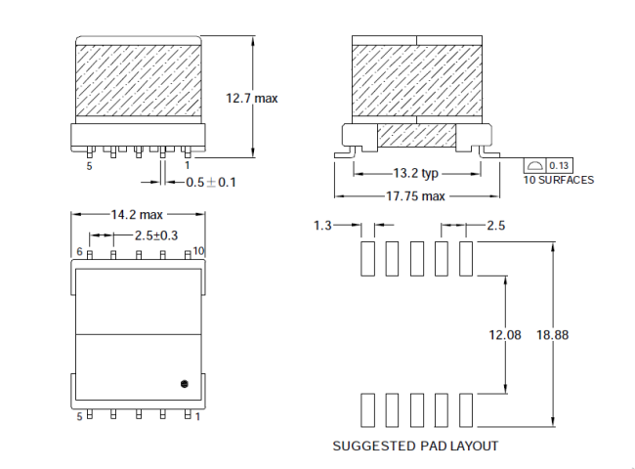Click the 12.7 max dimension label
[x=253, y=98]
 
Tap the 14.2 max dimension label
[x=137, y=214]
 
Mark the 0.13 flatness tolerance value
[x=561, y=166]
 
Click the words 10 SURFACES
[x=558, y=181]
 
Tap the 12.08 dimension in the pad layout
[x=505, y=335]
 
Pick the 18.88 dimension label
[x=552, y=335]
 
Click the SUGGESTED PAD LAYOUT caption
[x=415, y=447]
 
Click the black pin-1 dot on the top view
[x=183, y=383]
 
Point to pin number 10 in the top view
[x=199, y=251]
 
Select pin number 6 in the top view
[x=79, y=251]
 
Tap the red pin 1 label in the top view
[x=198, y=416]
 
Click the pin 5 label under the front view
[x=89, y=167]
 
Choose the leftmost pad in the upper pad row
[x=367, y=259]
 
